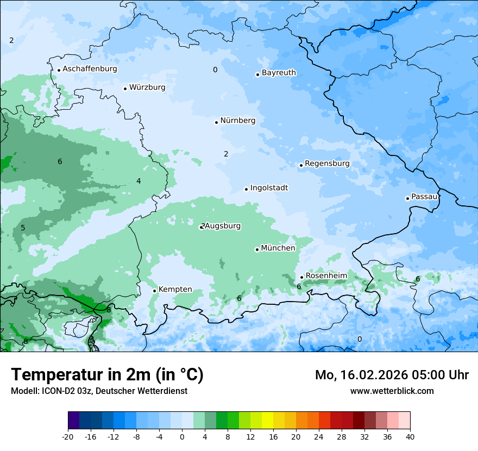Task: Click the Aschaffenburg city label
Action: click(x=90, y=69)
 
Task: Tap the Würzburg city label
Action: click(x=147, y=87)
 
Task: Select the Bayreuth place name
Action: click(x=279, y=73)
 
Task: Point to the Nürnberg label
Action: click(x=237, y=121)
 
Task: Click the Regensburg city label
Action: click(x=327, y=164)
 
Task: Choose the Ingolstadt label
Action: click(x=269, y=188)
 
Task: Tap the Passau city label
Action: click(x=424, y=197)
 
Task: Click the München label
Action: click(x=278, y=248)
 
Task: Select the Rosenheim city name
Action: click(x=326, y=276)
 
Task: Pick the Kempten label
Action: click(x=175, y=290)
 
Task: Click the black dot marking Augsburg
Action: click(x=201, y=227)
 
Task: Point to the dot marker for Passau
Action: click(x=407, y=198)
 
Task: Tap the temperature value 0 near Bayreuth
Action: click(x=215, y=70)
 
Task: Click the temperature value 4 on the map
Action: click(x=139, y=181)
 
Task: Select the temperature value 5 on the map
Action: click(x=23, y=228)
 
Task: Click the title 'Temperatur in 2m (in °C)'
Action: click(x=107, y=375)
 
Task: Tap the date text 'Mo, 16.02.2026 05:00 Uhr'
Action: click(x=392, y=375)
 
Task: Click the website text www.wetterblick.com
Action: click(x=392, y=391)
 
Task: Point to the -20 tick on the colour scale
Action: click(x=68, y=437)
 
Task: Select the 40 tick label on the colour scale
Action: click(x=410, y=437)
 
